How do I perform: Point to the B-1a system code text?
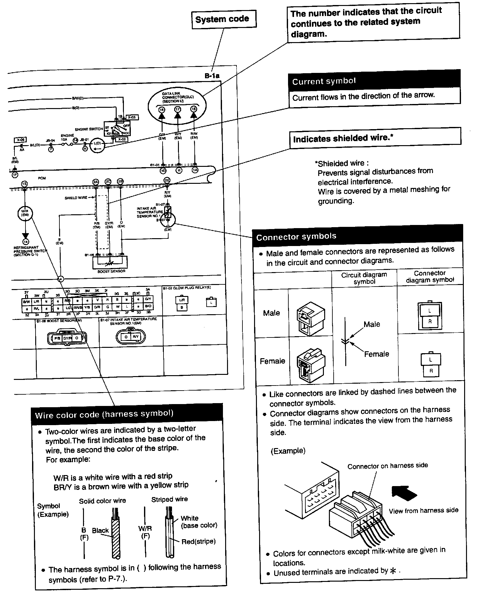212,76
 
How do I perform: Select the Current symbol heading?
324,81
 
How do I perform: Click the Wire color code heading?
104,414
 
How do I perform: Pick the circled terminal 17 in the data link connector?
178,109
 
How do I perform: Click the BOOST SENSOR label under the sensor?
111,271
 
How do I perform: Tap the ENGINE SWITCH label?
89,129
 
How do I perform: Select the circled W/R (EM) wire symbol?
25,213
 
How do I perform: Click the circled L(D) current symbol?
97,145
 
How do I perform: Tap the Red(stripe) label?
198,541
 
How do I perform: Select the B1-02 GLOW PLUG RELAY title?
187,288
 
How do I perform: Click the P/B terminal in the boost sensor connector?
57,338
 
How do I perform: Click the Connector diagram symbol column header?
430,277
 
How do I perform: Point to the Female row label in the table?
272,361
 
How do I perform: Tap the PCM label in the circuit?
42,178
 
